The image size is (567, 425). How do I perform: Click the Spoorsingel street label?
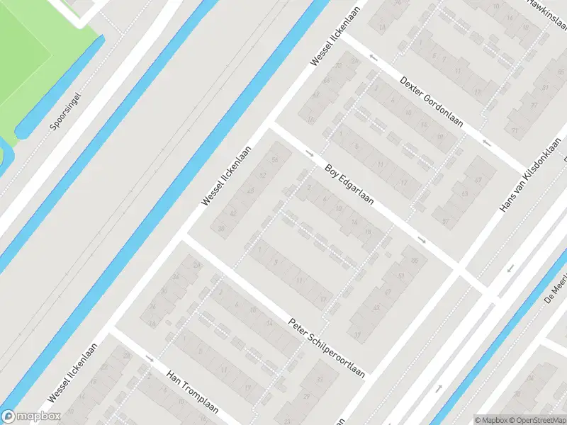tap(67, 112)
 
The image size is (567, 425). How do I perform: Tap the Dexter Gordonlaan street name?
tap(431, 103)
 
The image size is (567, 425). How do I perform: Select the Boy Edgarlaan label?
tap(350, 186)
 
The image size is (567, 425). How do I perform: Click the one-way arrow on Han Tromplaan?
tap(150, 359)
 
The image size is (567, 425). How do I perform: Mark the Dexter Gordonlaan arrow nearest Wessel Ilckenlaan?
tap(371, 57)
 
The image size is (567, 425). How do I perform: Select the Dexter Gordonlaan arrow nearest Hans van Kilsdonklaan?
tap(486, 144)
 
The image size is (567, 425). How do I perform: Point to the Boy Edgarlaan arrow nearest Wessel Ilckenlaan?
tap(309, 152)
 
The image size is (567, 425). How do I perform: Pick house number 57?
tap(446, 221)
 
